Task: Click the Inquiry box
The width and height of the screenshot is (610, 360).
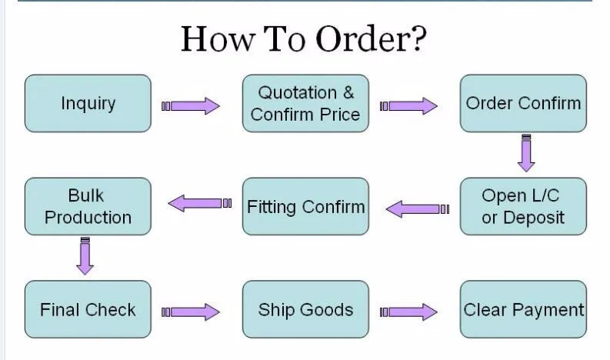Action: [88, 103]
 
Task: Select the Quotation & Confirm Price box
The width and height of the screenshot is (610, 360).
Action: [305, 103]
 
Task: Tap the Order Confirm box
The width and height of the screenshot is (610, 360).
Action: [523, 103]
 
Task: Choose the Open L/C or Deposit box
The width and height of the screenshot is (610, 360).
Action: [523, 206]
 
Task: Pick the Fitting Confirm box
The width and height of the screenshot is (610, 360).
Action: [305, 206]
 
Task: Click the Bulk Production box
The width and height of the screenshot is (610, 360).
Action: [88, 206]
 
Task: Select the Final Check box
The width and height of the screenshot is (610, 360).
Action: [88, 309]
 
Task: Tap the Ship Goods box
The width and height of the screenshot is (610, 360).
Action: [305, 309]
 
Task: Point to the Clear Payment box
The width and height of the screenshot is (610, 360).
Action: [523, 309]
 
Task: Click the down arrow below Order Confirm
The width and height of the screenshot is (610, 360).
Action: [526, 153]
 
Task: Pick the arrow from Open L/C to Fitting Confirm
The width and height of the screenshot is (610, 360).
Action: [416, 208]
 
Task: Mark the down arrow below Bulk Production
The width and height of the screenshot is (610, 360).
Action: [85, 256]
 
